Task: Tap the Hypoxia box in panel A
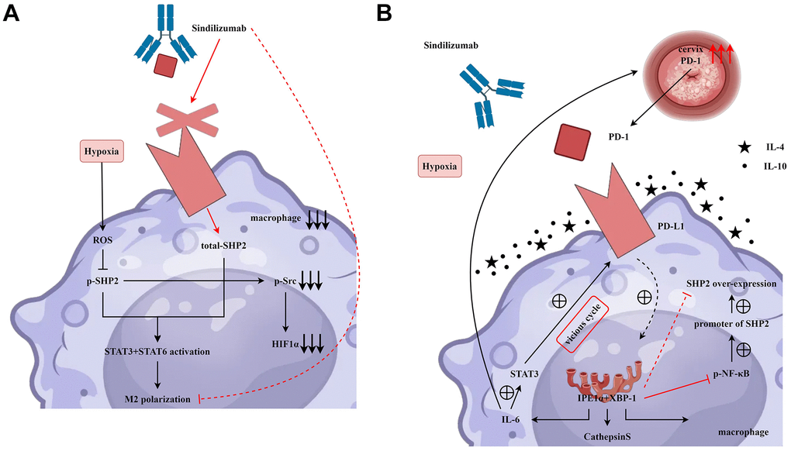[x=102, y=152]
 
